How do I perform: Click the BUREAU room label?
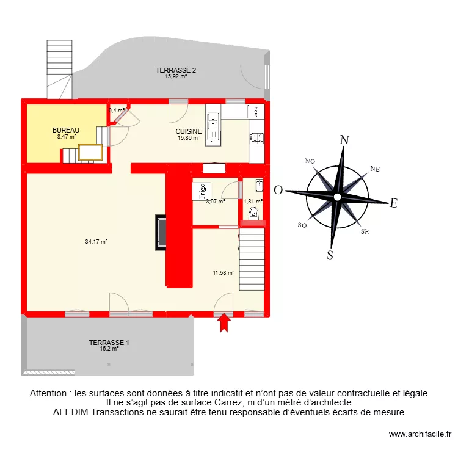coord(65,130)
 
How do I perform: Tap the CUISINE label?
coord(188,131)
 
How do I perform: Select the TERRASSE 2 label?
coord(176,70)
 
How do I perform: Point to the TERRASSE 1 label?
coord(109,343)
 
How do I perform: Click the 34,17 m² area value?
coord(96,242)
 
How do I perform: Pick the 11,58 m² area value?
coord(224,273)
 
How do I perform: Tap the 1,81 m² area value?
coord(252,201)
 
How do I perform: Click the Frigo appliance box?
coord(202,191)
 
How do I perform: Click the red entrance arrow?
coord(225,322)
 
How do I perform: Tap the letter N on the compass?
coord(344,140)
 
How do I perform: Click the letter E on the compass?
coord(394,204)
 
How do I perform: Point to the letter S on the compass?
coord(330,255)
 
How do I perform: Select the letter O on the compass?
coord(278,190)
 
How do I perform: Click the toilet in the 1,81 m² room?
coord(253,213)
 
